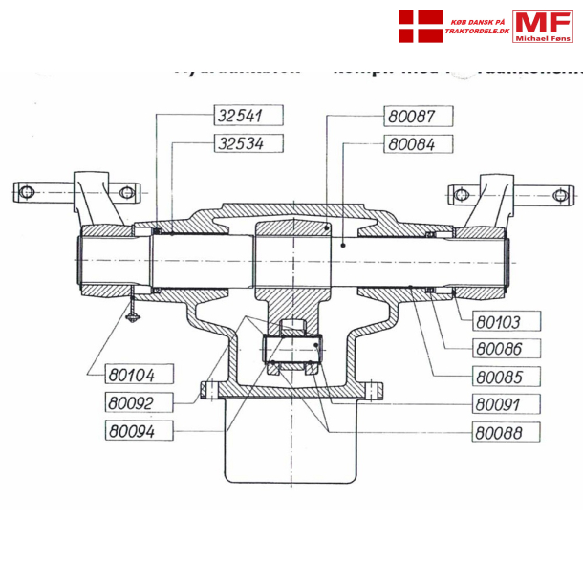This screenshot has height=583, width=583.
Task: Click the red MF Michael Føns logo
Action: tap(542, 26)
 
